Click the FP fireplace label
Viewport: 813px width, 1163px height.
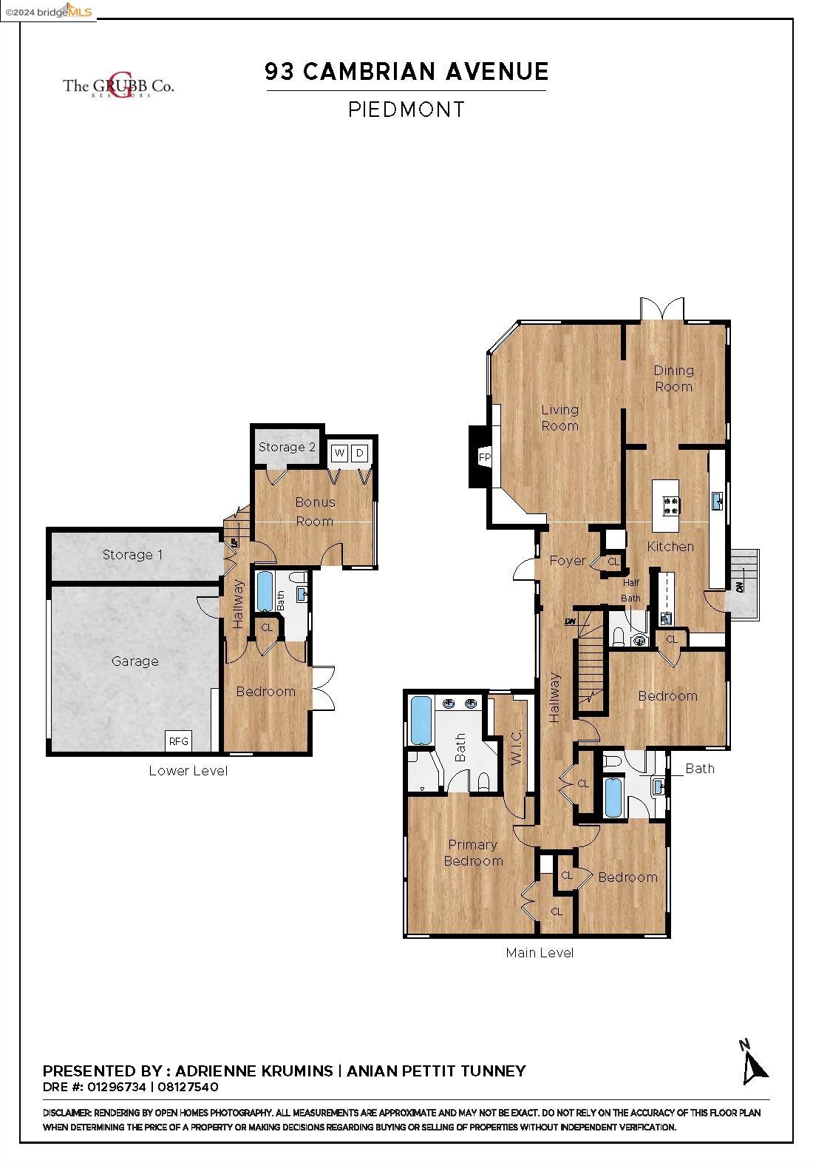485,457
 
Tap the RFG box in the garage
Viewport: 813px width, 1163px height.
178,741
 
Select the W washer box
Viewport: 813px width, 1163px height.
339,453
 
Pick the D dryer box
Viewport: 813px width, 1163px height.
359,453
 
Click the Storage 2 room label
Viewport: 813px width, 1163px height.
287,447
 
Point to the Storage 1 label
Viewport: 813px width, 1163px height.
133,555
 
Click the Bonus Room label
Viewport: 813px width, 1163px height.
315,511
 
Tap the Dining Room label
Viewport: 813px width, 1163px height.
673,379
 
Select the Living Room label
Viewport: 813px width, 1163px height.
559,417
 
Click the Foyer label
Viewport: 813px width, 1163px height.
567,561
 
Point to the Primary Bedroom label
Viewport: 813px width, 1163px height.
473,853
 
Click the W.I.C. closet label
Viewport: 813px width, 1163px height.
516,747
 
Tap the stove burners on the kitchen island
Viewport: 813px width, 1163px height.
671,506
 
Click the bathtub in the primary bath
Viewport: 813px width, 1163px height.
421,720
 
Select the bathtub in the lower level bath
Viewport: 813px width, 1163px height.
265,592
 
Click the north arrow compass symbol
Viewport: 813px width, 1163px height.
753,1064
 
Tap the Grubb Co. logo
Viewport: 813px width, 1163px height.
118,85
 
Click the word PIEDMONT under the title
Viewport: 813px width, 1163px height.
406,109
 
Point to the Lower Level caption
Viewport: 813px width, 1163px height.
188,770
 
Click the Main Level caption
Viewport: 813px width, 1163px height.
540,953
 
